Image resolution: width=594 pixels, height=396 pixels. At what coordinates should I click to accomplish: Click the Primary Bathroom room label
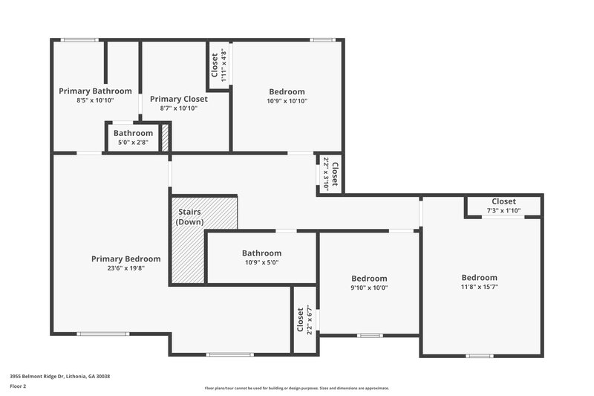[95, 91]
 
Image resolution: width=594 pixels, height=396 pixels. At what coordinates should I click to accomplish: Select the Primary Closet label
[178, 99]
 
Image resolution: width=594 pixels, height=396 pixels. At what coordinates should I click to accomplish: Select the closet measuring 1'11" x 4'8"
[218, 65]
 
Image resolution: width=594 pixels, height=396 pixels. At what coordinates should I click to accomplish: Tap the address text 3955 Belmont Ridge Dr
[59, 377]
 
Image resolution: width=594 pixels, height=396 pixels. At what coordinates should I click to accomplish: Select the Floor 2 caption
[18, 386]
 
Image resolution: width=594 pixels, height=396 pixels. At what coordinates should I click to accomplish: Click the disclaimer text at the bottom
[296, 388]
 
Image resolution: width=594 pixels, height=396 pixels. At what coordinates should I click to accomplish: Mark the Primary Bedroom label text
[125, 259]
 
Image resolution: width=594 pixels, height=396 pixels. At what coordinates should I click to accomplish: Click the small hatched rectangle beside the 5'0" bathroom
[166, 139]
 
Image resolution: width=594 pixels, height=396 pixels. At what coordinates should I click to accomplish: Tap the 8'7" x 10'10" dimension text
[178, 108]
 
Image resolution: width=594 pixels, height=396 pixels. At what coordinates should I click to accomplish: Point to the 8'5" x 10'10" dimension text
[95, 100]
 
